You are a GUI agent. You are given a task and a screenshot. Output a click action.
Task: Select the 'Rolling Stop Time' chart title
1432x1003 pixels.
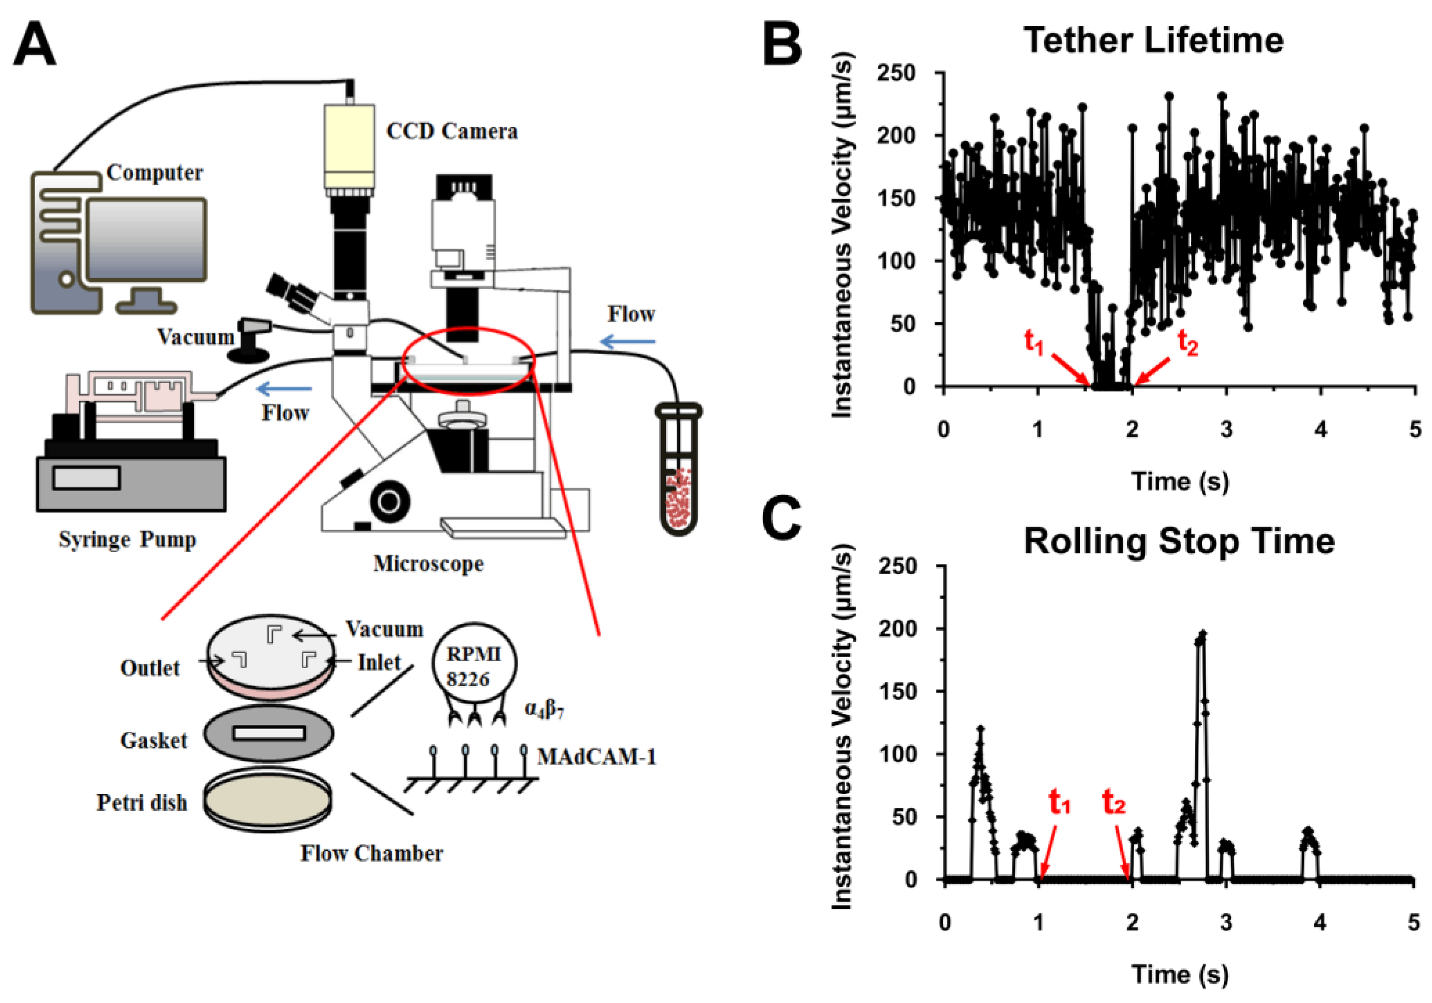tap(1179, 541)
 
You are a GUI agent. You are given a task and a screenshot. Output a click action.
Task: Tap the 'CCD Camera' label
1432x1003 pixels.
tap(451, 131)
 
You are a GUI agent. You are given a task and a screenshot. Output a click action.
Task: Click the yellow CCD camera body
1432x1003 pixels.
tap(349, 146)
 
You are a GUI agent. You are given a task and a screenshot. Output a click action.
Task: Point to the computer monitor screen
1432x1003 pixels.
tap(146, 238)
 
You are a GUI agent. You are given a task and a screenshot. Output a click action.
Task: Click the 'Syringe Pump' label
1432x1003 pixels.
tap(127, 540)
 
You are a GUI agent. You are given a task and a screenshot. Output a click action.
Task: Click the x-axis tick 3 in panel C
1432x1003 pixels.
tap(1226, 922)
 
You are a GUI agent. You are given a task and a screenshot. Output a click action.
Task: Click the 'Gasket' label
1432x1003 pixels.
tap(154, 741)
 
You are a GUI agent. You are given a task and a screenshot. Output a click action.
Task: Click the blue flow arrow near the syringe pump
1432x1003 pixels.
tap(284, 390)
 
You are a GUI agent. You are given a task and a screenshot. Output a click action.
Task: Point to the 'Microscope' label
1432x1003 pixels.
tap(428, 564)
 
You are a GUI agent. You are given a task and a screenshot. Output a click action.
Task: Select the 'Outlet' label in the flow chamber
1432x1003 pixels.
tap(150, 668)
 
